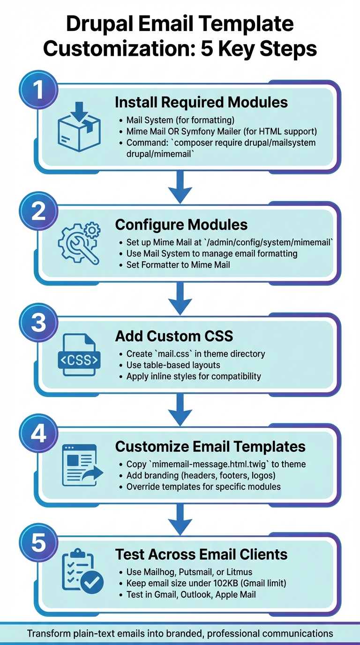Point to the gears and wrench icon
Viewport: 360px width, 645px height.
coord(79,243)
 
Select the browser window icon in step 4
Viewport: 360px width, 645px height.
coord(79,465)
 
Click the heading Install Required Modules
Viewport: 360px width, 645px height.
coord(201,102)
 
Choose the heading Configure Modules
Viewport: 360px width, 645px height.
coord(181,225)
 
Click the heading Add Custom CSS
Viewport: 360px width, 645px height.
coord(174,336)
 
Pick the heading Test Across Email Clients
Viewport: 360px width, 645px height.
coord(201,555)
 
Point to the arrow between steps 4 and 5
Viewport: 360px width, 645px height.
coord(180,518)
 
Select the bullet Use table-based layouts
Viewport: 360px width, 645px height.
coord(173,365)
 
